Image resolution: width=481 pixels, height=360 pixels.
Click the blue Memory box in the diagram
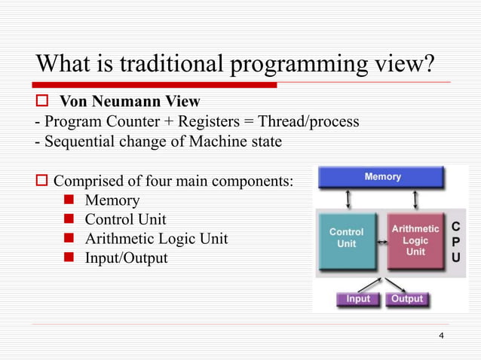pos(383,178)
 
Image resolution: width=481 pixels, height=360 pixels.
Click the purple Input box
pos(358,299)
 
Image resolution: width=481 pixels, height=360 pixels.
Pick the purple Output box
pos(407,299)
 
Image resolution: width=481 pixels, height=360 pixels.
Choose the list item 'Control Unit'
pos(125,220)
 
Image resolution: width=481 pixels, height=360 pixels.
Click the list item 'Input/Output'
pos(126,258)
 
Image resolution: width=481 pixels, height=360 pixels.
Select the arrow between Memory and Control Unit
pos(347,200)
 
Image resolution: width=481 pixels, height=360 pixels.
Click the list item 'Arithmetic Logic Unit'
pos(156,239)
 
